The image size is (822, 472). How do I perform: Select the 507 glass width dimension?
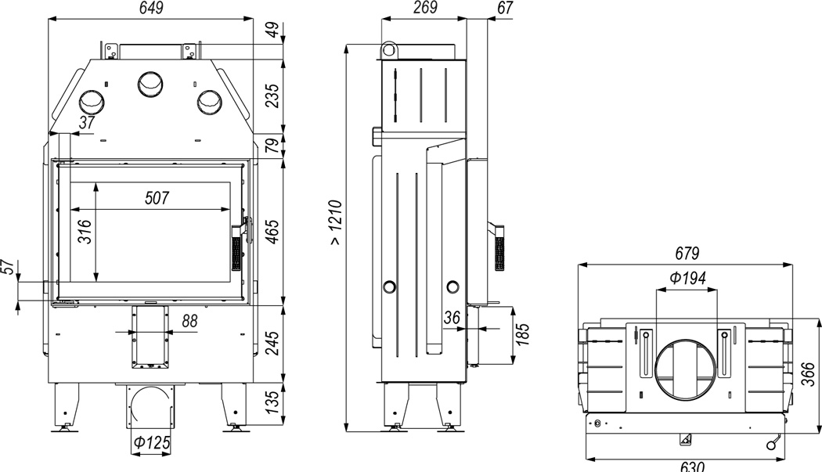point(157,197)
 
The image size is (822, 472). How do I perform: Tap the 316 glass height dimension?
point(85,231)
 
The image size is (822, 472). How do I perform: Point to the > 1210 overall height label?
point(335,222)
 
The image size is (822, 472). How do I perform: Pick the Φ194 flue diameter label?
point(688,277)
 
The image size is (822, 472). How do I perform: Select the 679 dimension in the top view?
point(687,254)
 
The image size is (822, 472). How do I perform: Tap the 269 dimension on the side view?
point(424,8)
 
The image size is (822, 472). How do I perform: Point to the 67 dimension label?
point(505,8)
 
